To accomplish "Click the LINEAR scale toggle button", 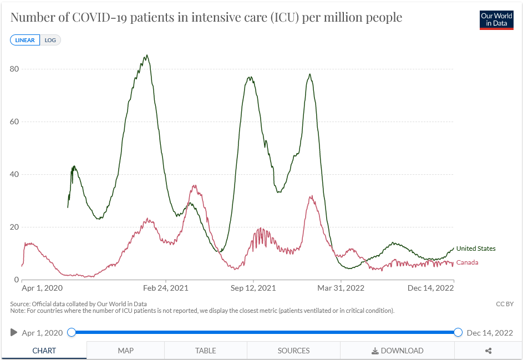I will pos(25,40).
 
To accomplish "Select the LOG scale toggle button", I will pos(50,40).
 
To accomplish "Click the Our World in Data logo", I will pos(496,19).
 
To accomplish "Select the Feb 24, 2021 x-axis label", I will pos(166,288).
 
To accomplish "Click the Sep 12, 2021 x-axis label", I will pos(253,288).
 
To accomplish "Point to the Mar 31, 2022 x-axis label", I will pos(341,288).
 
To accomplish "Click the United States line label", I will pos(476,249).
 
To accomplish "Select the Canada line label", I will pos(467,262).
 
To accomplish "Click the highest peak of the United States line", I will pos(146,55).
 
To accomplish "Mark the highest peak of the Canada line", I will pos(194,186).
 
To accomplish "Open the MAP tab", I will pos(125,351).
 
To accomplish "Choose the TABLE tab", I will pos(205,351).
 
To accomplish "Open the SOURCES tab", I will pos(293,351).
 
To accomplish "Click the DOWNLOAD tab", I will pos(397,351).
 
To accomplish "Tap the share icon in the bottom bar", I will pos(489,351).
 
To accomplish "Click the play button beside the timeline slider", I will pos(14,332).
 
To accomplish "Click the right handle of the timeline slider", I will pos(458,332).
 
